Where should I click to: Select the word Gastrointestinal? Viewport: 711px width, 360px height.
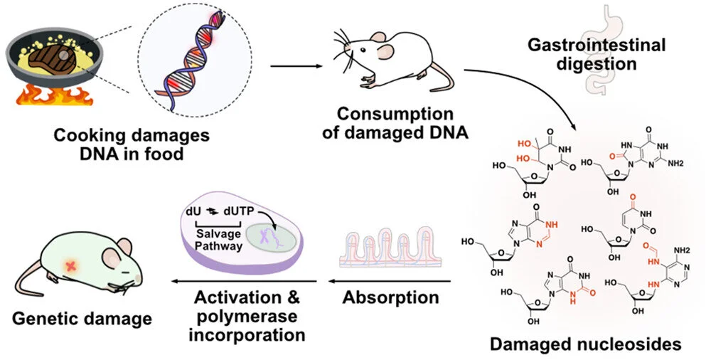coord(597,46)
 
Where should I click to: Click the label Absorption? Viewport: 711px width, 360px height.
coord(391,297)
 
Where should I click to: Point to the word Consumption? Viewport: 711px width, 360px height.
coord(395,113)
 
